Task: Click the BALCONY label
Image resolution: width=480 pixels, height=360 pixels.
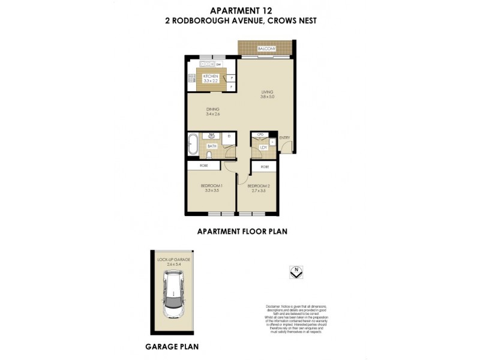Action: pyautogui.click(x=266, y=49)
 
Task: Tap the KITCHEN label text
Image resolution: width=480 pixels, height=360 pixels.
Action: pyautogui.click(x=209, y=77)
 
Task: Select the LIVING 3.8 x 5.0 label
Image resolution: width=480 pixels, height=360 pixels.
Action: pyautogui.click(x=267, y=94)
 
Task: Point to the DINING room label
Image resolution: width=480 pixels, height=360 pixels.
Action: pyautogui.click(x=213, y=111)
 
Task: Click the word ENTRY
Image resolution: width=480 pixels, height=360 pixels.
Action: pyautogui.click(x=284, y=139)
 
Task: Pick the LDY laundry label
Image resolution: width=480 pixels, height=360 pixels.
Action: pyautogui.click(x=263, y=148)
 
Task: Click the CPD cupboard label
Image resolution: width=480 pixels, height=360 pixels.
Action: pyautogui.click(x=261, y=135)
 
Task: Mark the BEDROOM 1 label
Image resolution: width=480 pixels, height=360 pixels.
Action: pyautogui.click(x=211, y=187)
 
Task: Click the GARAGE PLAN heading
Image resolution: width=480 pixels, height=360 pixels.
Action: pyautogui.click(x=172, y=346)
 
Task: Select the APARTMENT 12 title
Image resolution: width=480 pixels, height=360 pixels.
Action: pyautogui.click(x=239, y=10)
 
